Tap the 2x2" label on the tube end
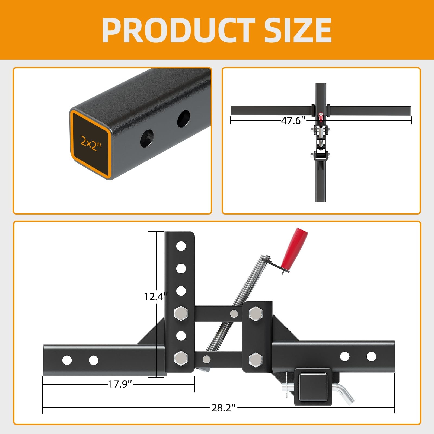pyautogui.click(x=91, y=143)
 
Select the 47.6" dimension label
pyautogui.click(x=293, y=120)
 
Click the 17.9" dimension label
pyautogui.click(x=120, y=384)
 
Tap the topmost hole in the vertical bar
pyautogui.click(x=181, y=246)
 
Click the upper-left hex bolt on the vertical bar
pyautogui.click(x=181, y=313)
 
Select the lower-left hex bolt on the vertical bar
pyautogui.click(x=181, y=358)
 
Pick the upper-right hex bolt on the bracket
pyautogui.click(x=255, y=313)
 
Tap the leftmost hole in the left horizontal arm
pyautogui.click(x=67, y=360)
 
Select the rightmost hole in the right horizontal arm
pyautogui.click(x=371, y=356)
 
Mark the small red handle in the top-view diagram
pyautogui.click(x=321, y=116)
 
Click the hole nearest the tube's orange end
pyautogui.click(x=147, y=138)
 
